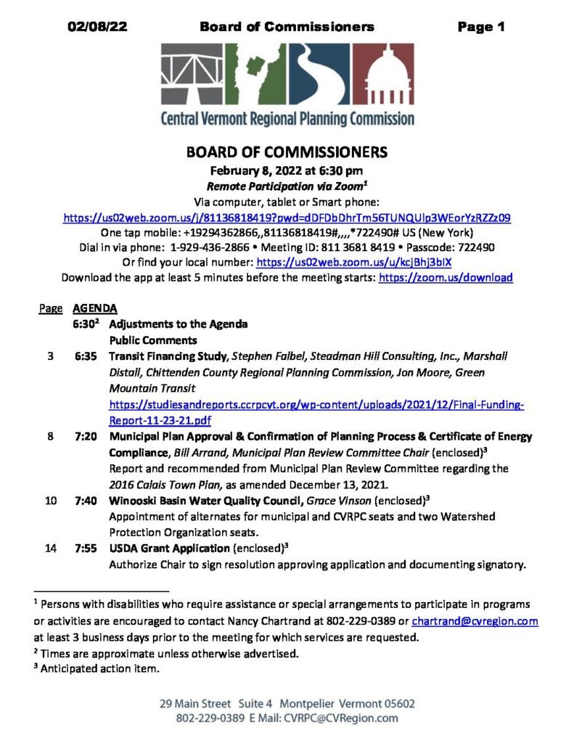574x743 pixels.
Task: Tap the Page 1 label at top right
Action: pos(481,28)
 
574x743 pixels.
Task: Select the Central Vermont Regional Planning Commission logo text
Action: pos(287,118)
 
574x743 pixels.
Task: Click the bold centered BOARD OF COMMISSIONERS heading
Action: pos(287,153)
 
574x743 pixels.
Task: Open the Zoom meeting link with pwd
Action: pos(287,217)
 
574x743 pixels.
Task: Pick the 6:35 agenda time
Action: pos(85,356)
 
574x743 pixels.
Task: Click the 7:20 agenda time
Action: pos(85,437)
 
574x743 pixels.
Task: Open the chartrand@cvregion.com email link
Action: pos(475,622)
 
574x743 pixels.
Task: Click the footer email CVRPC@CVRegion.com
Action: pos(341,718)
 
